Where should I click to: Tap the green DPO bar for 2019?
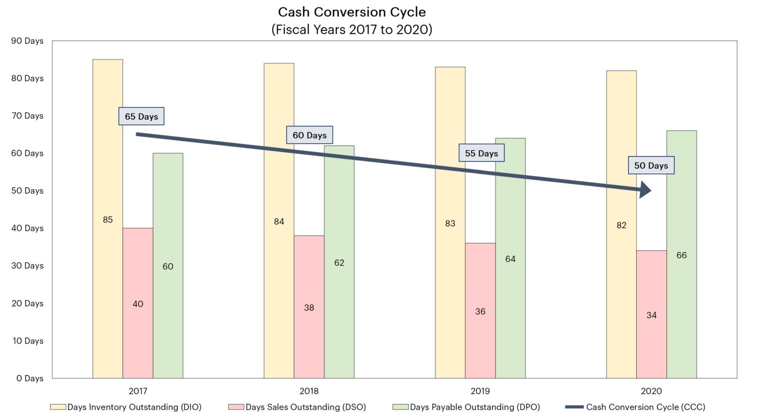[510, 298]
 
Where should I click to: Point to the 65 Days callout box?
[141, 117]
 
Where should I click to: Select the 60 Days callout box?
[310, 135]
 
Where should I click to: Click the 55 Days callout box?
[481, 153]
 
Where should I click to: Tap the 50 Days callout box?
[651, 166]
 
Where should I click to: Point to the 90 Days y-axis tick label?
[27, 41]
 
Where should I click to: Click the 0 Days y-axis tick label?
[30, 378]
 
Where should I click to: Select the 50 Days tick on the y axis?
[27, 191]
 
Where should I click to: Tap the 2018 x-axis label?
[309, 391]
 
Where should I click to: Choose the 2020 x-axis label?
[651, 391]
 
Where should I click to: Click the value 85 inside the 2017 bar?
[108, 220]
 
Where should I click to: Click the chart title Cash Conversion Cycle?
[352, 12]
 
